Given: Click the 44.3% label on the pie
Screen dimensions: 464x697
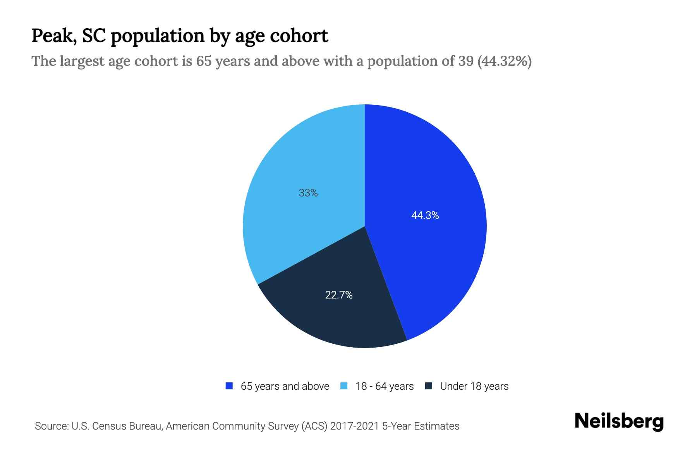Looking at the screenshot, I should click(425, 215).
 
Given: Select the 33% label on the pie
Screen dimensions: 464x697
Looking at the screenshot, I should click(308, 193).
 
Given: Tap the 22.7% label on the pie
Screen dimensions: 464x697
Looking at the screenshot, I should click(339, 295).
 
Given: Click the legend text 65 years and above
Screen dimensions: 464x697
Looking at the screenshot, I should click(285, 386).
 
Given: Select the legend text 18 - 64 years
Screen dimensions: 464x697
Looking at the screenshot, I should click(385, 386).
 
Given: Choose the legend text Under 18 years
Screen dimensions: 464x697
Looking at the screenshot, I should click(474, 386).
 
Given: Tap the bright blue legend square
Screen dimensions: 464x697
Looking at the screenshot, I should click(229, 386).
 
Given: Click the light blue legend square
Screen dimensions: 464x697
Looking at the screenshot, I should click(344, 386).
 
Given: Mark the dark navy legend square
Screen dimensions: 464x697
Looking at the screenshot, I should click(428, 386).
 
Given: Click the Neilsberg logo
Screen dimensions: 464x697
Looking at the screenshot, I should click(619, 421).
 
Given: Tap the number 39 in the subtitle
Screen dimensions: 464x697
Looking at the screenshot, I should click(465, 61).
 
